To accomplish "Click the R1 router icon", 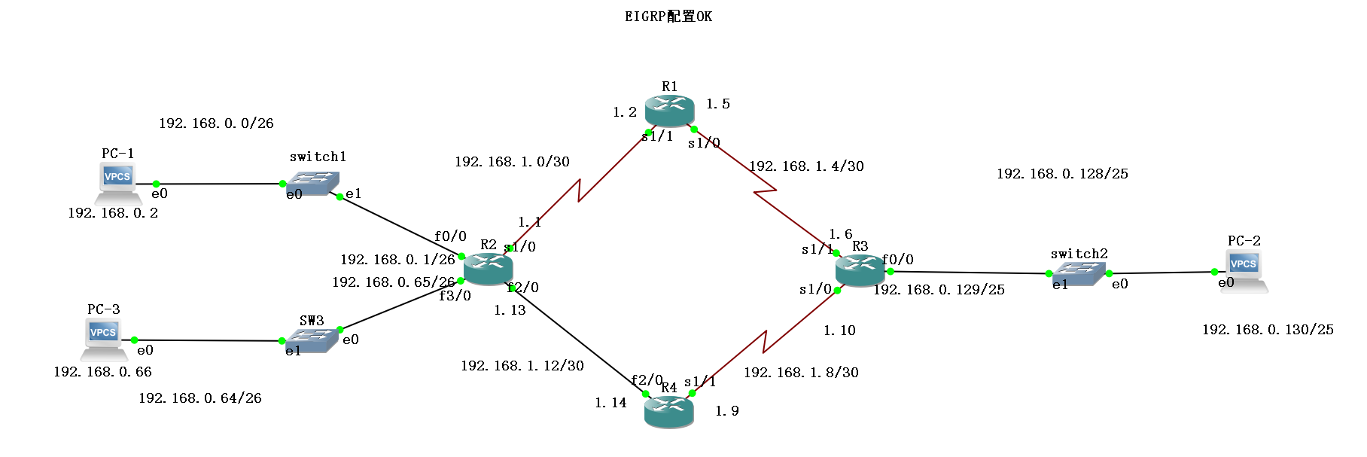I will point(669,110).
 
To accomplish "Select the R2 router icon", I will point(488,269).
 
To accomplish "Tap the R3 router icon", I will point(860,270).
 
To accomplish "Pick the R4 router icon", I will point(668,411).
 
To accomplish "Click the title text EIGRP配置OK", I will point(668,17).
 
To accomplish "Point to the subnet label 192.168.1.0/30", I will point(512,162).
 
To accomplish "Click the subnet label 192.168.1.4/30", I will point(806,166).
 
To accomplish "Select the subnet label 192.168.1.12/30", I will point(522,366).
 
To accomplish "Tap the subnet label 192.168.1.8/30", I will point(801,373).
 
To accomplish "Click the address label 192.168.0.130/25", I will point(1268,330).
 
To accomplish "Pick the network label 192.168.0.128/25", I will point(1062,174).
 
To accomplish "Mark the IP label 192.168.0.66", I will point(102,372).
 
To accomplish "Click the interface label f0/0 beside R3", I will point(898,260).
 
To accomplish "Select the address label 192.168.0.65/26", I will point(393,282).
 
